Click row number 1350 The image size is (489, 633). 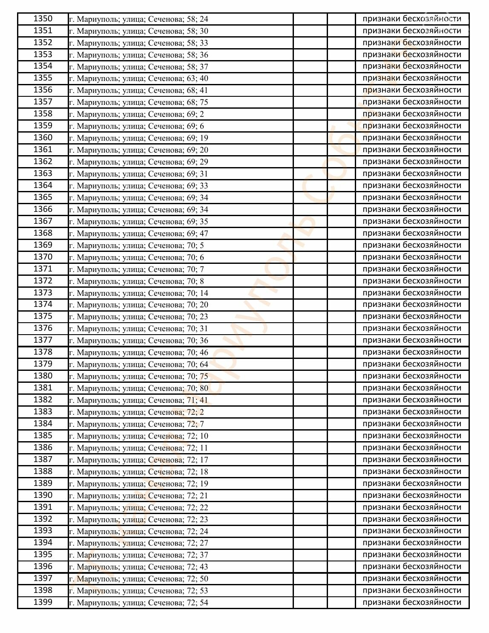[x=43, y=19]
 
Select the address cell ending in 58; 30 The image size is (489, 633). [x=138, y=31]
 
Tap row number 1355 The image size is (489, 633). [x=43, y=78]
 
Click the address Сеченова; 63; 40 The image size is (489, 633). [x=138, y=78]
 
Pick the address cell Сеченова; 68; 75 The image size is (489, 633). [x=138, y=102]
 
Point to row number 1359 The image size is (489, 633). [x=43, y=126]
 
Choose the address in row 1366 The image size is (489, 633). [x=138, y=210]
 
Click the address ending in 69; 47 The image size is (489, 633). [x=138, y=234]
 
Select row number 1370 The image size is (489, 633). [x=43, y=257]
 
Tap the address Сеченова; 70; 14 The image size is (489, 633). [x=138, y=293]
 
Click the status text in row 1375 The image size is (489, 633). [x=411, y=316]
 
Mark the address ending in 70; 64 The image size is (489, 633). [x=138, y=364]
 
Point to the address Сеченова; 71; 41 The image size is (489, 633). [x=138, y=400]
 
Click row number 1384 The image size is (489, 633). [x=43, y=424]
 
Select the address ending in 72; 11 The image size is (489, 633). [x=138, y=448]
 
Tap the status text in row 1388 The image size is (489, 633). [x=411, y=471]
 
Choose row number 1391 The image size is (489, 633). [x=43, y=507]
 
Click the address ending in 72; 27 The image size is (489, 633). [x=138, y=543]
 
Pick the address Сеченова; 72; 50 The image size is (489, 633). [x=138, y=579]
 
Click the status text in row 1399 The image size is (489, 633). [x=411, y=602]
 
